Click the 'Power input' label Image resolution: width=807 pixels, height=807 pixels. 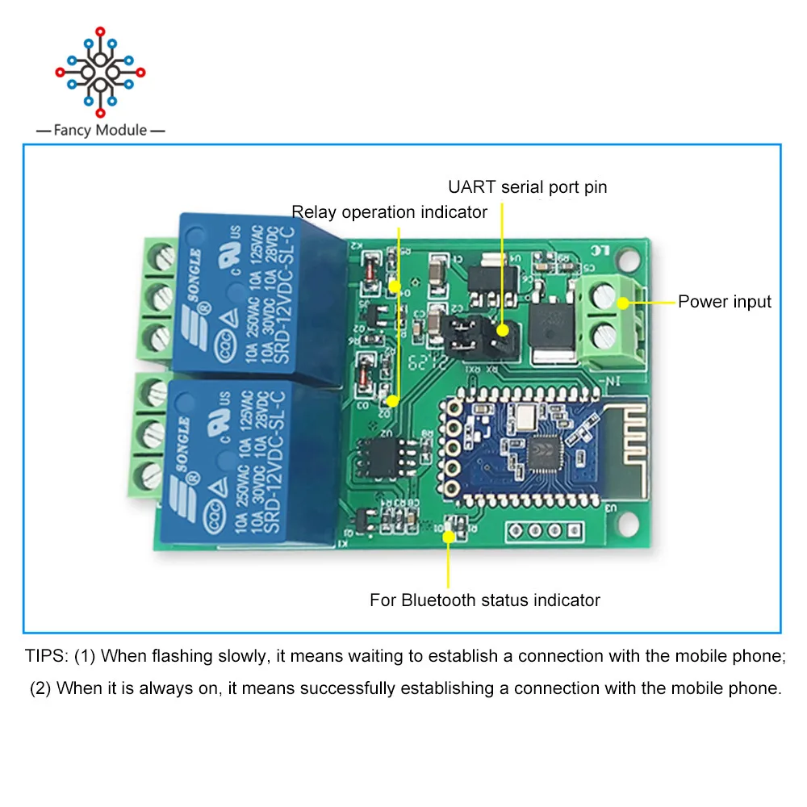coord(724,302)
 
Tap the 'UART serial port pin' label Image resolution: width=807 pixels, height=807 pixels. coord(527,187)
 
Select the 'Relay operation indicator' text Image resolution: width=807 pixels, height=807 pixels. coord(390,212)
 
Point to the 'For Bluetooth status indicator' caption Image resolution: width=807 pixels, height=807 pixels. coord(484,600)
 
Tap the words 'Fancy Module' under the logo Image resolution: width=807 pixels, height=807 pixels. coord(100,130)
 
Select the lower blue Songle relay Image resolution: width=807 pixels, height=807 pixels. coord(242,460)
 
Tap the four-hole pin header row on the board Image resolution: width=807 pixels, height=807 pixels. coord(543,531)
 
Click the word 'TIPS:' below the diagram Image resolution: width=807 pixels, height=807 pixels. coord(47,655)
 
